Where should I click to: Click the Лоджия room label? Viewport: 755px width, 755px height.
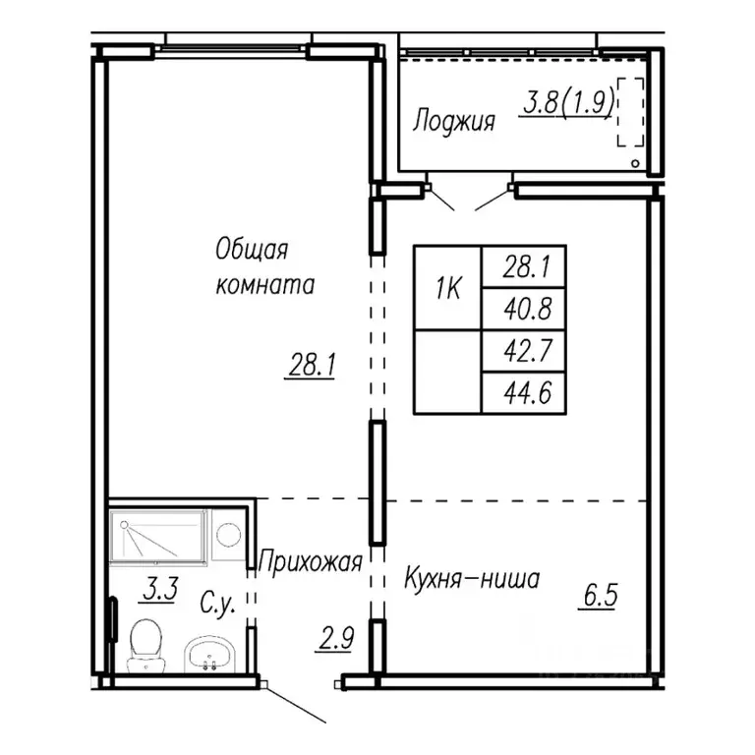453,122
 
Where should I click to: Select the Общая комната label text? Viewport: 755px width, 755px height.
264,266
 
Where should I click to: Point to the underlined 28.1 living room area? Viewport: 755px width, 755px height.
313,367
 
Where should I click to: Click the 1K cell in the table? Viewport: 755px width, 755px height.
447,287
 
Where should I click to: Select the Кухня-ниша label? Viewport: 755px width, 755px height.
472,579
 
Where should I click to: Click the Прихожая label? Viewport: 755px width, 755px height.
310,562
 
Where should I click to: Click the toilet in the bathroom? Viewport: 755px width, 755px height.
145,644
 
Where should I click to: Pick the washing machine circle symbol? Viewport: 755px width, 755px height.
228,535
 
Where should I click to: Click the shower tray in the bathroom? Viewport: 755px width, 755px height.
157,536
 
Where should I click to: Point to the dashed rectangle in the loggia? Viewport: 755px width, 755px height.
630,112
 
